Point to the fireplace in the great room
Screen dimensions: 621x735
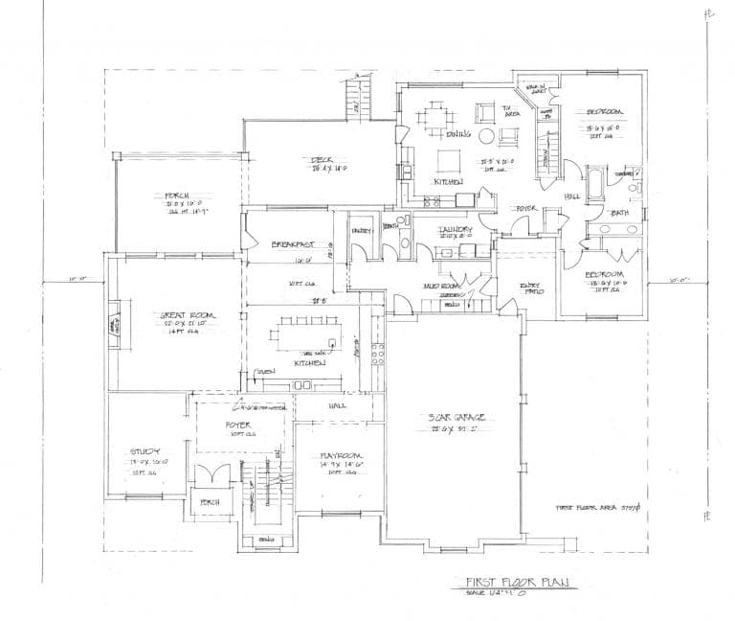coord(116,327)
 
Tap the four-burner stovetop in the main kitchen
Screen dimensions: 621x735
coord(377,355)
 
